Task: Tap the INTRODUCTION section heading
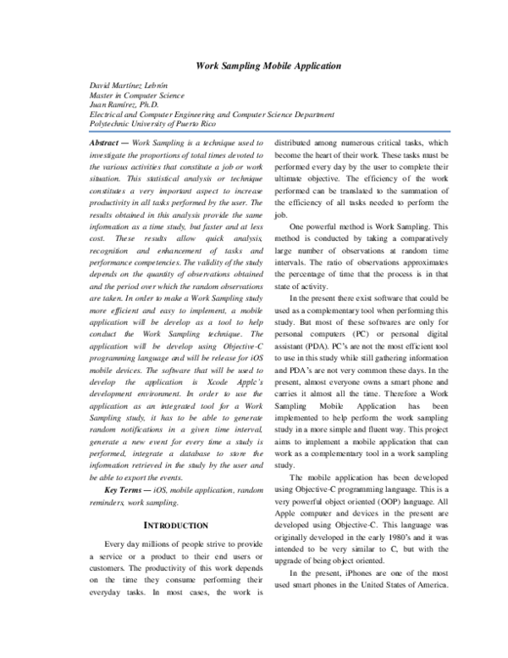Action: (x=173, y=526)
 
